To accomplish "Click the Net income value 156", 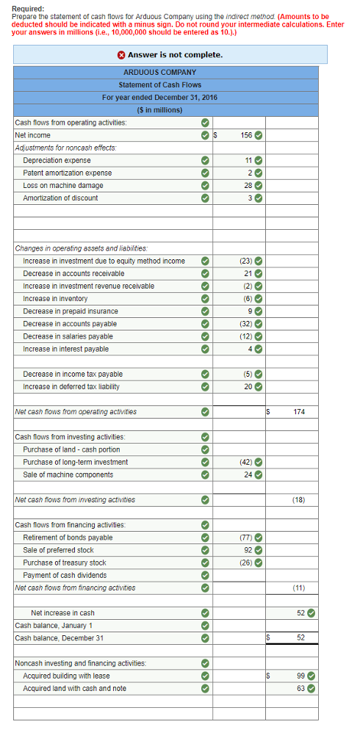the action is pyautogui.click(x=246, y=135).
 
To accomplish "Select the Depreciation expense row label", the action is pyautogui.click(x=57, y=160).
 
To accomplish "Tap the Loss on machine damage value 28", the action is pyautogui.click(x=248, y=185).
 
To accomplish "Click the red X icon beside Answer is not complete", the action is pyautogui.click(x=121, y=55).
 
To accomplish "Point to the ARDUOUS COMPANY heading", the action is pyautogui.click(x=159, y=73).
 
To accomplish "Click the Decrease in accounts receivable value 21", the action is pyautogui.click(x=248, y=273).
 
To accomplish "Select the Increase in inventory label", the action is pyautogui.click(x=55, y=298).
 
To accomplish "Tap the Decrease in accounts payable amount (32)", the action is pyautogui.click(x=245, y=324).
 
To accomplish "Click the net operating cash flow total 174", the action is pyautogui.click(x=299, y=412).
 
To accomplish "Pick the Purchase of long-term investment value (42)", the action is pyautogui.click(x=245, y=462).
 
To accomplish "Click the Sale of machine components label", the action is pyautogui.click(x=68, y=474).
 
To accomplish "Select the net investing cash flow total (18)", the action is pyautogui.click(x=298, y=500).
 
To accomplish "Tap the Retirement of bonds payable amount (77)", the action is pyautogui.click(x=245, y=538).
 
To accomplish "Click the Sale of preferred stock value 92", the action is pyautogui.click(x=248, y=550).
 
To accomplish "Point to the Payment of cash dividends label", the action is pyautogui.click(x=65, y=575).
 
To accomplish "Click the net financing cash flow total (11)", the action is pyautogui.click(x=298, y=587).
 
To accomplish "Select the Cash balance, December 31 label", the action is pyautogui.click(x=60, y=637).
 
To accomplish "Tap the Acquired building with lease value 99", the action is pyautogui.click(x=300, y=676).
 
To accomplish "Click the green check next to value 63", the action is pyautogui.click(x=311, y=688).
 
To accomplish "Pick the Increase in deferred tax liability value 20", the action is pyautogui.click(x=248, y=386).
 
